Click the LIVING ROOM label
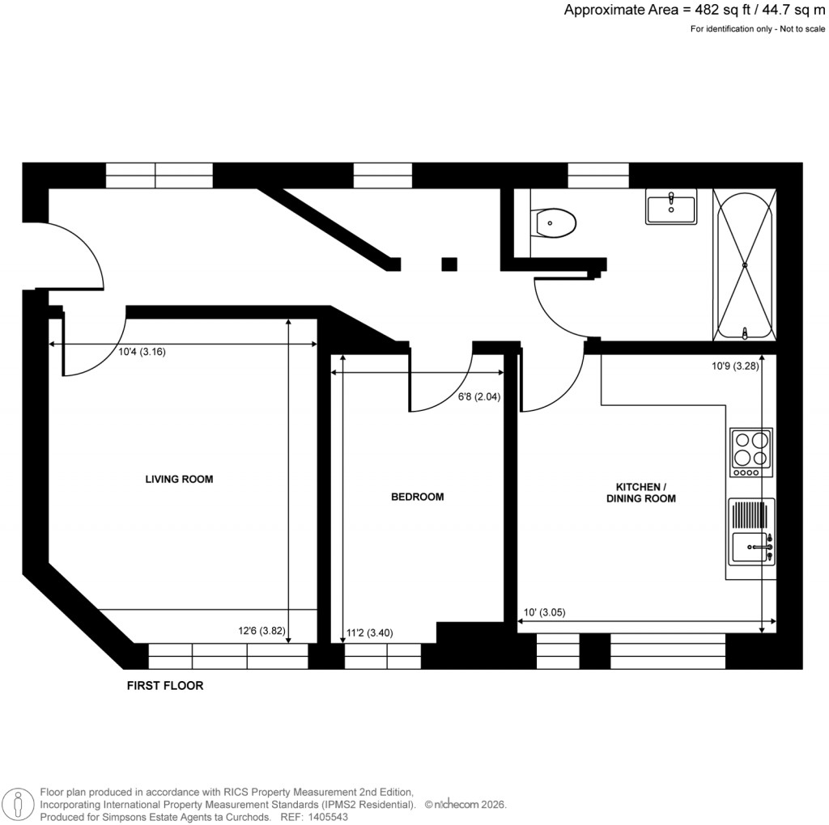[179, 480]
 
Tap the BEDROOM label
[417, 497]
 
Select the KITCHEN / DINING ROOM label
[641, 493]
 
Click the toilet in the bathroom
[554, 222]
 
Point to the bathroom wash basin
[670, 207]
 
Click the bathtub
[744, 264]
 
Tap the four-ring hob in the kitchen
[750, 451]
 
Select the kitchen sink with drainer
[752, 539]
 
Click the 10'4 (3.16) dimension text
[142, 352]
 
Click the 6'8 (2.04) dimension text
[477, 397]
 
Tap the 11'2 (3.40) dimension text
[369, 633]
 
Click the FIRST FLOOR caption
[165, 686]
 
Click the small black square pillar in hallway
[449, 264]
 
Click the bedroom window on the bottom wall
[382, 656]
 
